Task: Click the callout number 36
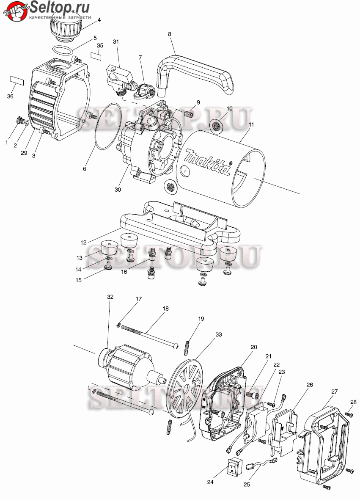pos(10,96)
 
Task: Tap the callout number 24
pos(210,482)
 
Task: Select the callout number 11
pos(251,125)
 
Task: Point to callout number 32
pos(110,297)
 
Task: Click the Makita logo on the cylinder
pos(208,162)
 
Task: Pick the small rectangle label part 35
pos(96,56)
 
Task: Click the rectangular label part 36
pos(16,80)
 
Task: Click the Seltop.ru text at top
pos(59,7)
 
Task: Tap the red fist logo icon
pos(15,11)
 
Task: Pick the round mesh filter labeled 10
pos(216,125)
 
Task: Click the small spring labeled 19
pos(187,348)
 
